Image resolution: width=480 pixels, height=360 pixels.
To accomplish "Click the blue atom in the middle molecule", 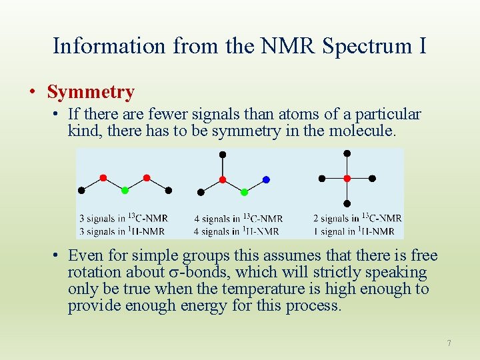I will point(266,179).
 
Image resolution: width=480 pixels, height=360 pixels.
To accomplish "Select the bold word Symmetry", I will point(91,92).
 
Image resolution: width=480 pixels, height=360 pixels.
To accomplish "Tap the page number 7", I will point(449,343).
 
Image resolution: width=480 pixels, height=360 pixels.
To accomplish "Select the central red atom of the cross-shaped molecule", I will point(347,179).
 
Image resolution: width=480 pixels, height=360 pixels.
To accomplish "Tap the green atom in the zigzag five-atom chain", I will point(125,191).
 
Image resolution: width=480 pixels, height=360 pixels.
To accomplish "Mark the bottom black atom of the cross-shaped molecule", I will point(347,203).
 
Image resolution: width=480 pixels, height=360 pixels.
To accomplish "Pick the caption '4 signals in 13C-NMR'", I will point(238,218).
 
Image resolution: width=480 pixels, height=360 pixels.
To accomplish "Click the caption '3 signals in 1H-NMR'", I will point(122,231).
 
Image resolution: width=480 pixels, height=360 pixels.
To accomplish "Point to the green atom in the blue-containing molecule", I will point(244,192).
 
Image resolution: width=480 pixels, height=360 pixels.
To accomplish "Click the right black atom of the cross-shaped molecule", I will point(372,179).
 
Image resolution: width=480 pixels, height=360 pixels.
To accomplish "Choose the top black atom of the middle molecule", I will point(223,155).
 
